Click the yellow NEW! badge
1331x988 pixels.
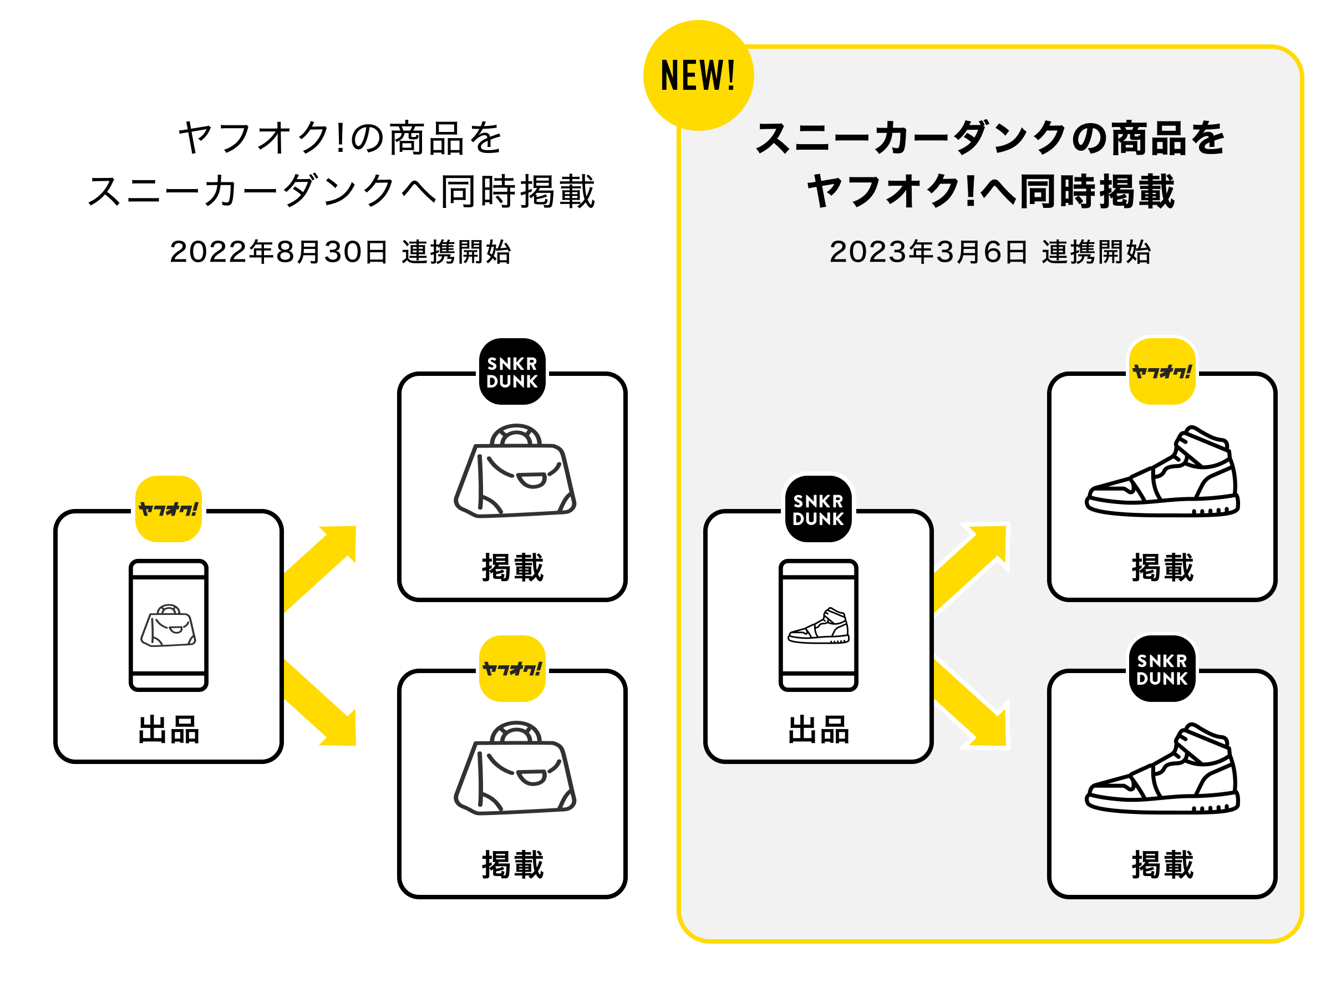pyautogui.click(x=698, y=75)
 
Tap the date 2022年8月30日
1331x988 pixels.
pyautogui.click(x=278, y=252)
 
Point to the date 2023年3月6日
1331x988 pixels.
pyautogui.click(x=928, y=252)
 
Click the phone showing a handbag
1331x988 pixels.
pyautogui.click(x=169, y=625)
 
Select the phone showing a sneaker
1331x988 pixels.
pyautogui.click(x=819, y=625)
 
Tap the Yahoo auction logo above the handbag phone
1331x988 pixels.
pyautogui.click(x=169, y=509)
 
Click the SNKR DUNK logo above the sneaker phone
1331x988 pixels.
pyautogui.click(x=819, y=509)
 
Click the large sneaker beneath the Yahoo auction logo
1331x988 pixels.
pyautogui.click(x=1162, y=472)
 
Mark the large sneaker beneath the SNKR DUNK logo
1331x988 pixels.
pyautogui.click(x=1162, y=770)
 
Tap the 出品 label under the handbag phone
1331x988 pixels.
pyautogui.click(x=169, y=730)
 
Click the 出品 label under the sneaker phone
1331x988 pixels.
pyautogui.click(x=819, y=730)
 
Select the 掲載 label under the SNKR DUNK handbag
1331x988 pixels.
pyautogui.click(x=512, y=567)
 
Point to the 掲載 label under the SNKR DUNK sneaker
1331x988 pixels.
pyautogui.click(x=1162, y=864)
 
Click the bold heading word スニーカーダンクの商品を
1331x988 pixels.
pyautogui.click(x=990, y=138)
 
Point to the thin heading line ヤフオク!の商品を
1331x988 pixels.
pyautogui.click(x=341, y=138)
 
